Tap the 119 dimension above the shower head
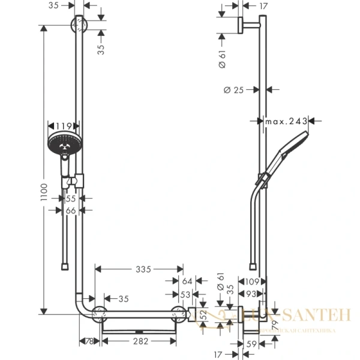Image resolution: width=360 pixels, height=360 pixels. [64, 126]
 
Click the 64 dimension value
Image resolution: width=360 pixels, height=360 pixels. [186, 281]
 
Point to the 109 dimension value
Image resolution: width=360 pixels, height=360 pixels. [252, 281]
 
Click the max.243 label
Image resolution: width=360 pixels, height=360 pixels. [286, 122]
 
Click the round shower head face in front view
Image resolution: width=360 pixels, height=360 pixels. [62, 144]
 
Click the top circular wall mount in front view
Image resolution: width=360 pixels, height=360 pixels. [79, 25]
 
